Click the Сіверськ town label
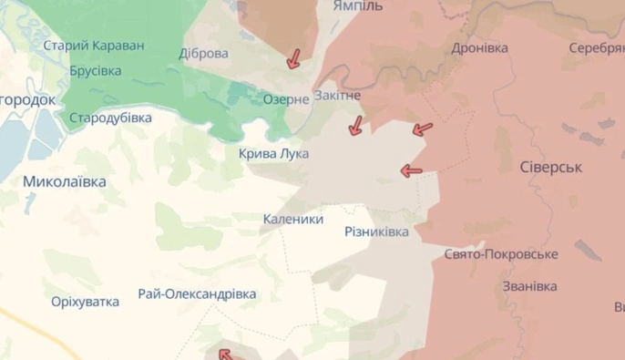click(x=550, y=168)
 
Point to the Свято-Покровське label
click(x=501, y=255)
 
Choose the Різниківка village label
click(x=376, y=231)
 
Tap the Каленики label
click(x=292, y=219)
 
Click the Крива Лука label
click(x=273, y=154)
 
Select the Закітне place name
click(x=337, y=95)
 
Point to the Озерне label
click(x=286, y=99)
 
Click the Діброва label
click(x=204, y=53)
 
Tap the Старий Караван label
click(x=94, y=45)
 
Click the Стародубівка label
click(x=110, y=117)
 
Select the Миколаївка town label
click(x=65, y=181)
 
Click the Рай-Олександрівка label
click(x=197, y=294)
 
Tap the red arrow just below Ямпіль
click(x=293, y=59)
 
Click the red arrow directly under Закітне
click(x=355, y=126)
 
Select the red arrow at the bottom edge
click(x=224, y=354)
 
